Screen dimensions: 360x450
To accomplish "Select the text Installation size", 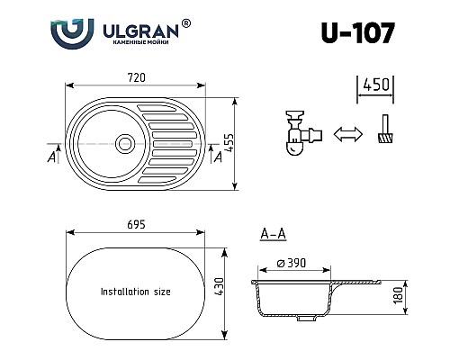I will (136, 292).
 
